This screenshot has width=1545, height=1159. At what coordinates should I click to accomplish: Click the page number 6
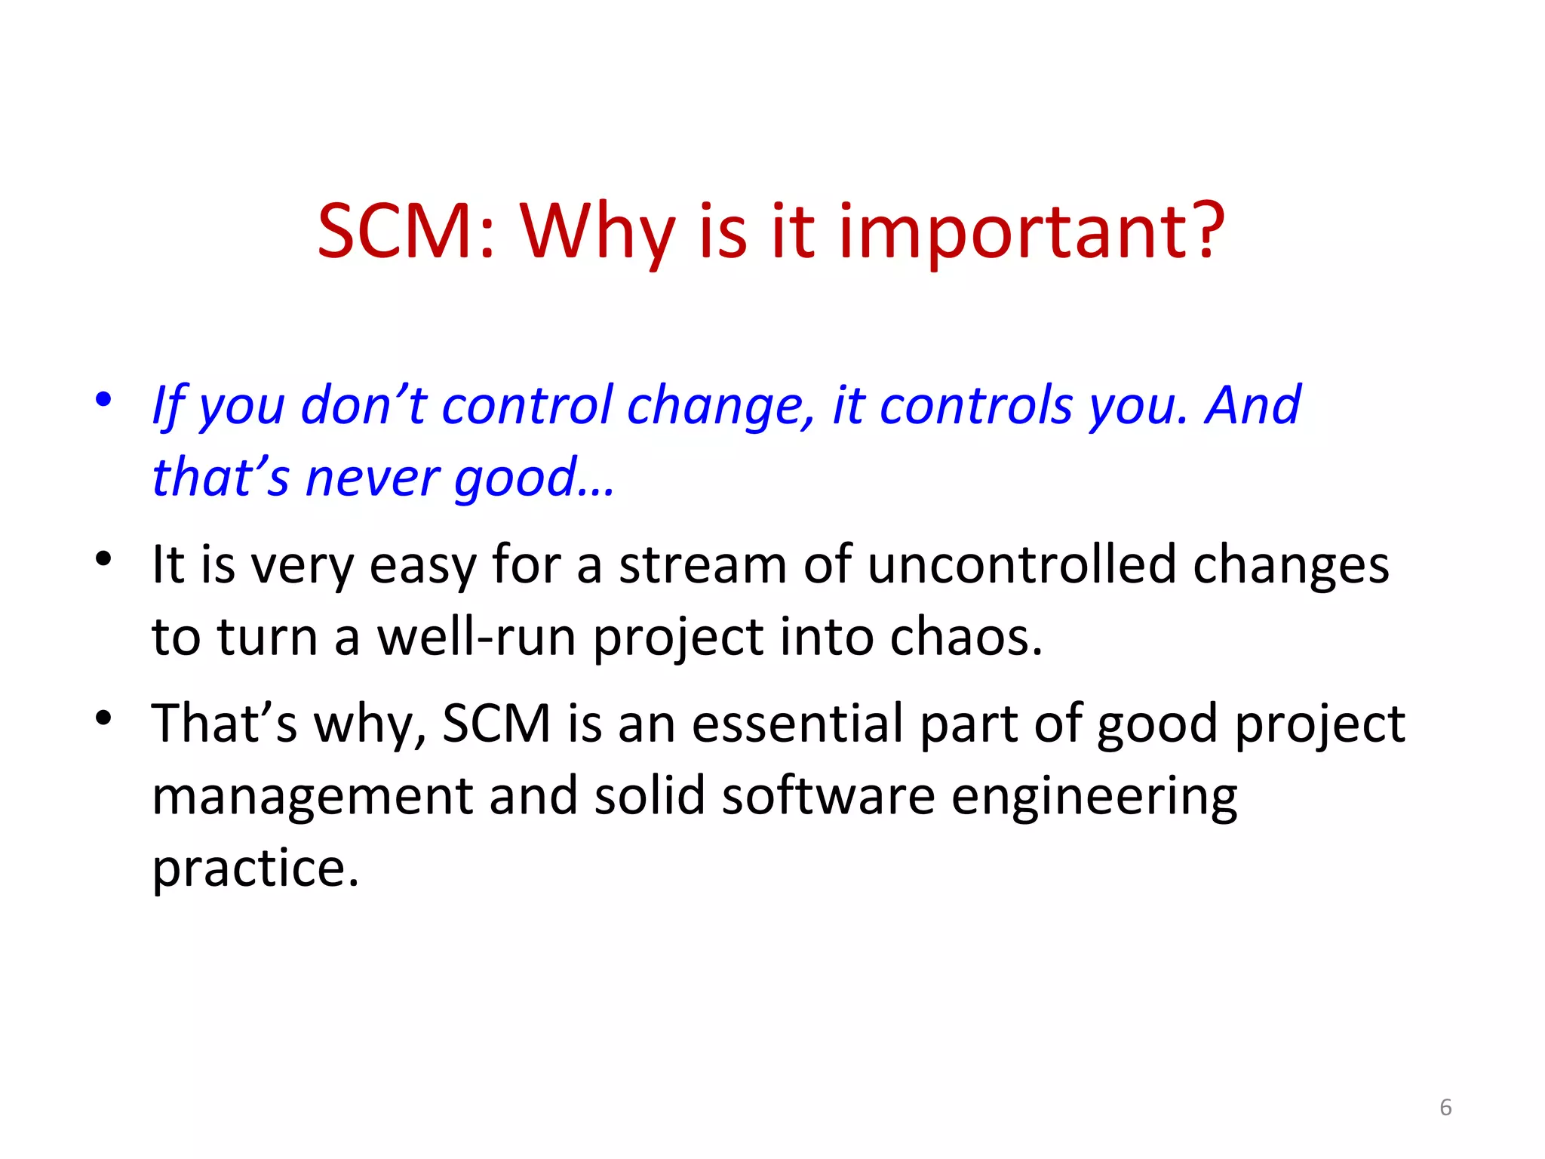click(x=1445, y=1107)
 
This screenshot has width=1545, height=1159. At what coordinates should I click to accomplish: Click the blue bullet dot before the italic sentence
click(x=103, y=399)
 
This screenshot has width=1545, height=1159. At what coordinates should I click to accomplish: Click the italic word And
click(x=1253, y=405)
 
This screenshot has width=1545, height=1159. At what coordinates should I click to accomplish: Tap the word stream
click(x=702, y=565)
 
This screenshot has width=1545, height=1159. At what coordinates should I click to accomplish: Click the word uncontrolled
click(x=1021, y=565)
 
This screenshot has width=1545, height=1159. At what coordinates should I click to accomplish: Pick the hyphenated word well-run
click(x=476, y=638)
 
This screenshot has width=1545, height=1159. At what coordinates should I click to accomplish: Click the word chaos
click(x=966, y=638)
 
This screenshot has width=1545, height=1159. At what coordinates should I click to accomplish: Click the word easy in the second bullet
click(x=422, y=567)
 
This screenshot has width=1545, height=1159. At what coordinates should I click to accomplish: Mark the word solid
click(x=649, y=796)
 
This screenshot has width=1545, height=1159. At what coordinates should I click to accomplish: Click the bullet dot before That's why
click(x=103, y=717)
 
